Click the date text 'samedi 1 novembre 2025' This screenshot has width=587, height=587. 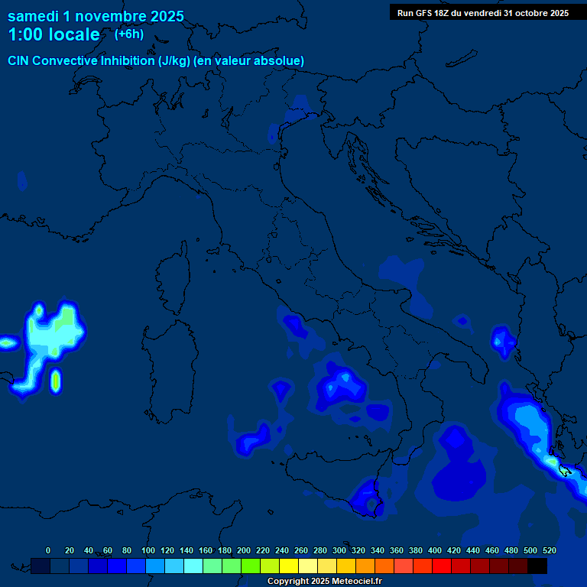tap(96, 16)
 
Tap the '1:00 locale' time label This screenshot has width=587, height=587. tap(54, 34)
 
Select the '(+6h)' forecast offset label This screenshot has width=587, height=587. tap(128, 34)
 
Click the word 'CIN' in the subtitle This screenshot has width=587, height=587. tap(21, 60)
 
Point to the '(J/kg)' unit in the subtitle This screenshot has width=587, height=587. tap(174, 60)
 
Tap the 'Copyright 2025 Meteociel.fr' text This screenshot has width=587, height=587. tap(324, 582)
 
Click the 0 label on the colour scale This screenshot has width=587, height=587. tap(48, 550)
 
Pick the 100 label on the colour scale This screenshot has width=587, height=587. tap(148, 550)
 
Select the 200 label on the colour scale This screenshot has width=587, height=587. tap(244, 550)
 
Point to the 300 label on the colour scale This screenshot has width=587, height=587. tap(339, 550)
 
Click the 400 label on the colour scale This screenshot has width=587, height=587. tap(435, 550)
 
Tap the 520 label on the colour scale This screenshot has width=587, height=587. tap(549, 550)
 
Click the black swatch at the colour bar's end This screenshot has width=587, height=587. tap(537, 566)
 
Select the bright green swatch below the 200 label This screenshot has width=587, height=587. tap(251, 566)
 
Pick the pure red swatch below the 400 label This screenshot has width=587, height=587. tap(442, 566)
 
